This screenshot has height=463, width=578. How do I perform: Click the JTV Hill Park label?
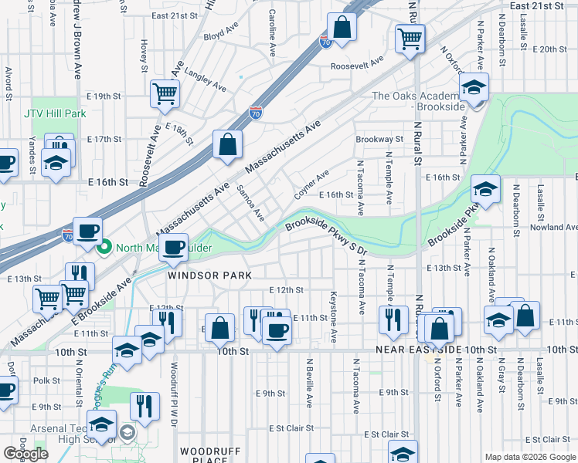pyautogui.click(x=54, y=113)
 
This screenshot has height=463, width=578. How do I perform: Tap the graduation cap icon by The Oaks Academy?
pyautogui.click(x=473, y=88)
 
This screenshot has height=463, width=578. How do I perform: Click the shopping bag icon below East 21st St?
pyautogui.click(x=342, y=28)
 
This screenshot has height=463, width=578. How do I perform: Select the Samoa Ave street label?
pyautogui.click(x=250, y=203)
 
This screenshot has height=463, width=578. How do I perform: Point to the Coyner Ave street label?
pyautogui.click(x=311, y=183)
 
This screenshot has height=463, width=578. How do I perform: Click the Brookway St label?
pyautogui.click(x=379, y=140)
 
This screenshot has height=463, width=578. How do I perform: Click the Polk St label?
pyautogui.click(x=46, y=380)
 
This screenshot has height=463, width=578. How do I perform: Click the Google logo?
pyautogui.click(x=26, y=454)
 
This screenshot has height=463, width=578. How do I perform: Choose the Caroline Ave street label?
pyautogui.click(x=272, y=27)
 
